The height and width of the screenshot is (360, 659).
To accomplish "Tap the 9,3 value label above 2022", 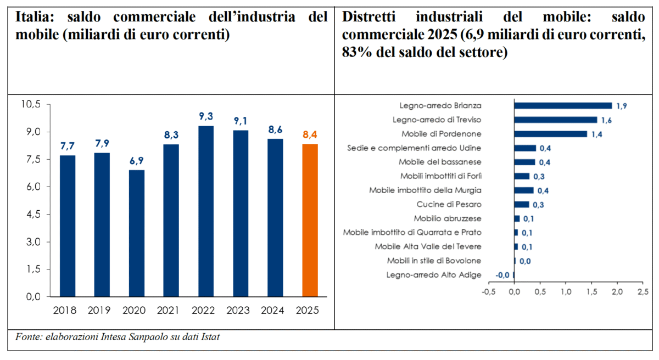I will click(x=205, y=116).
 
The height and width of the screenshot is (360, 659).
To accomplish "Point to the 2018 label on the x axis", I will click(x=67, y=310).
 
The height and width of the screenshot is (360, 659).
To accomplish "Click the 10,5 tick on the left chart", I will click(x=31, y=104).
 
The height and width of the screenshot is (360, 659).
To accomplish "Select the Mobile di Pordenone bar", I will click(x=551, y=134).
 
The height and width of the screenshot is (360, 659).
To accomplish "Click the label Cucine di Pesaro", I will click(x=455, y=205).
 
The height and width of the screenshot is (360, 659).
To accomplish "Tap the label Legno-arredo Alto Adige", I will click(x=434, y=275).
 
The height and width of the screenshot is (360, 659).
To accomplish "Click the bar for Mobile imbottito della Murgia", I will click(x=524, y=190).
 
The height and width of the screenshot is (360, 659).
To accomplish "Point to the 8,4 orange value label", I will click(x=310, y=134).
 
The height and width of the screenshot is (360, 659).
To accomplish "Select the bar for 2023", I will click(x=240, y=213).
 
